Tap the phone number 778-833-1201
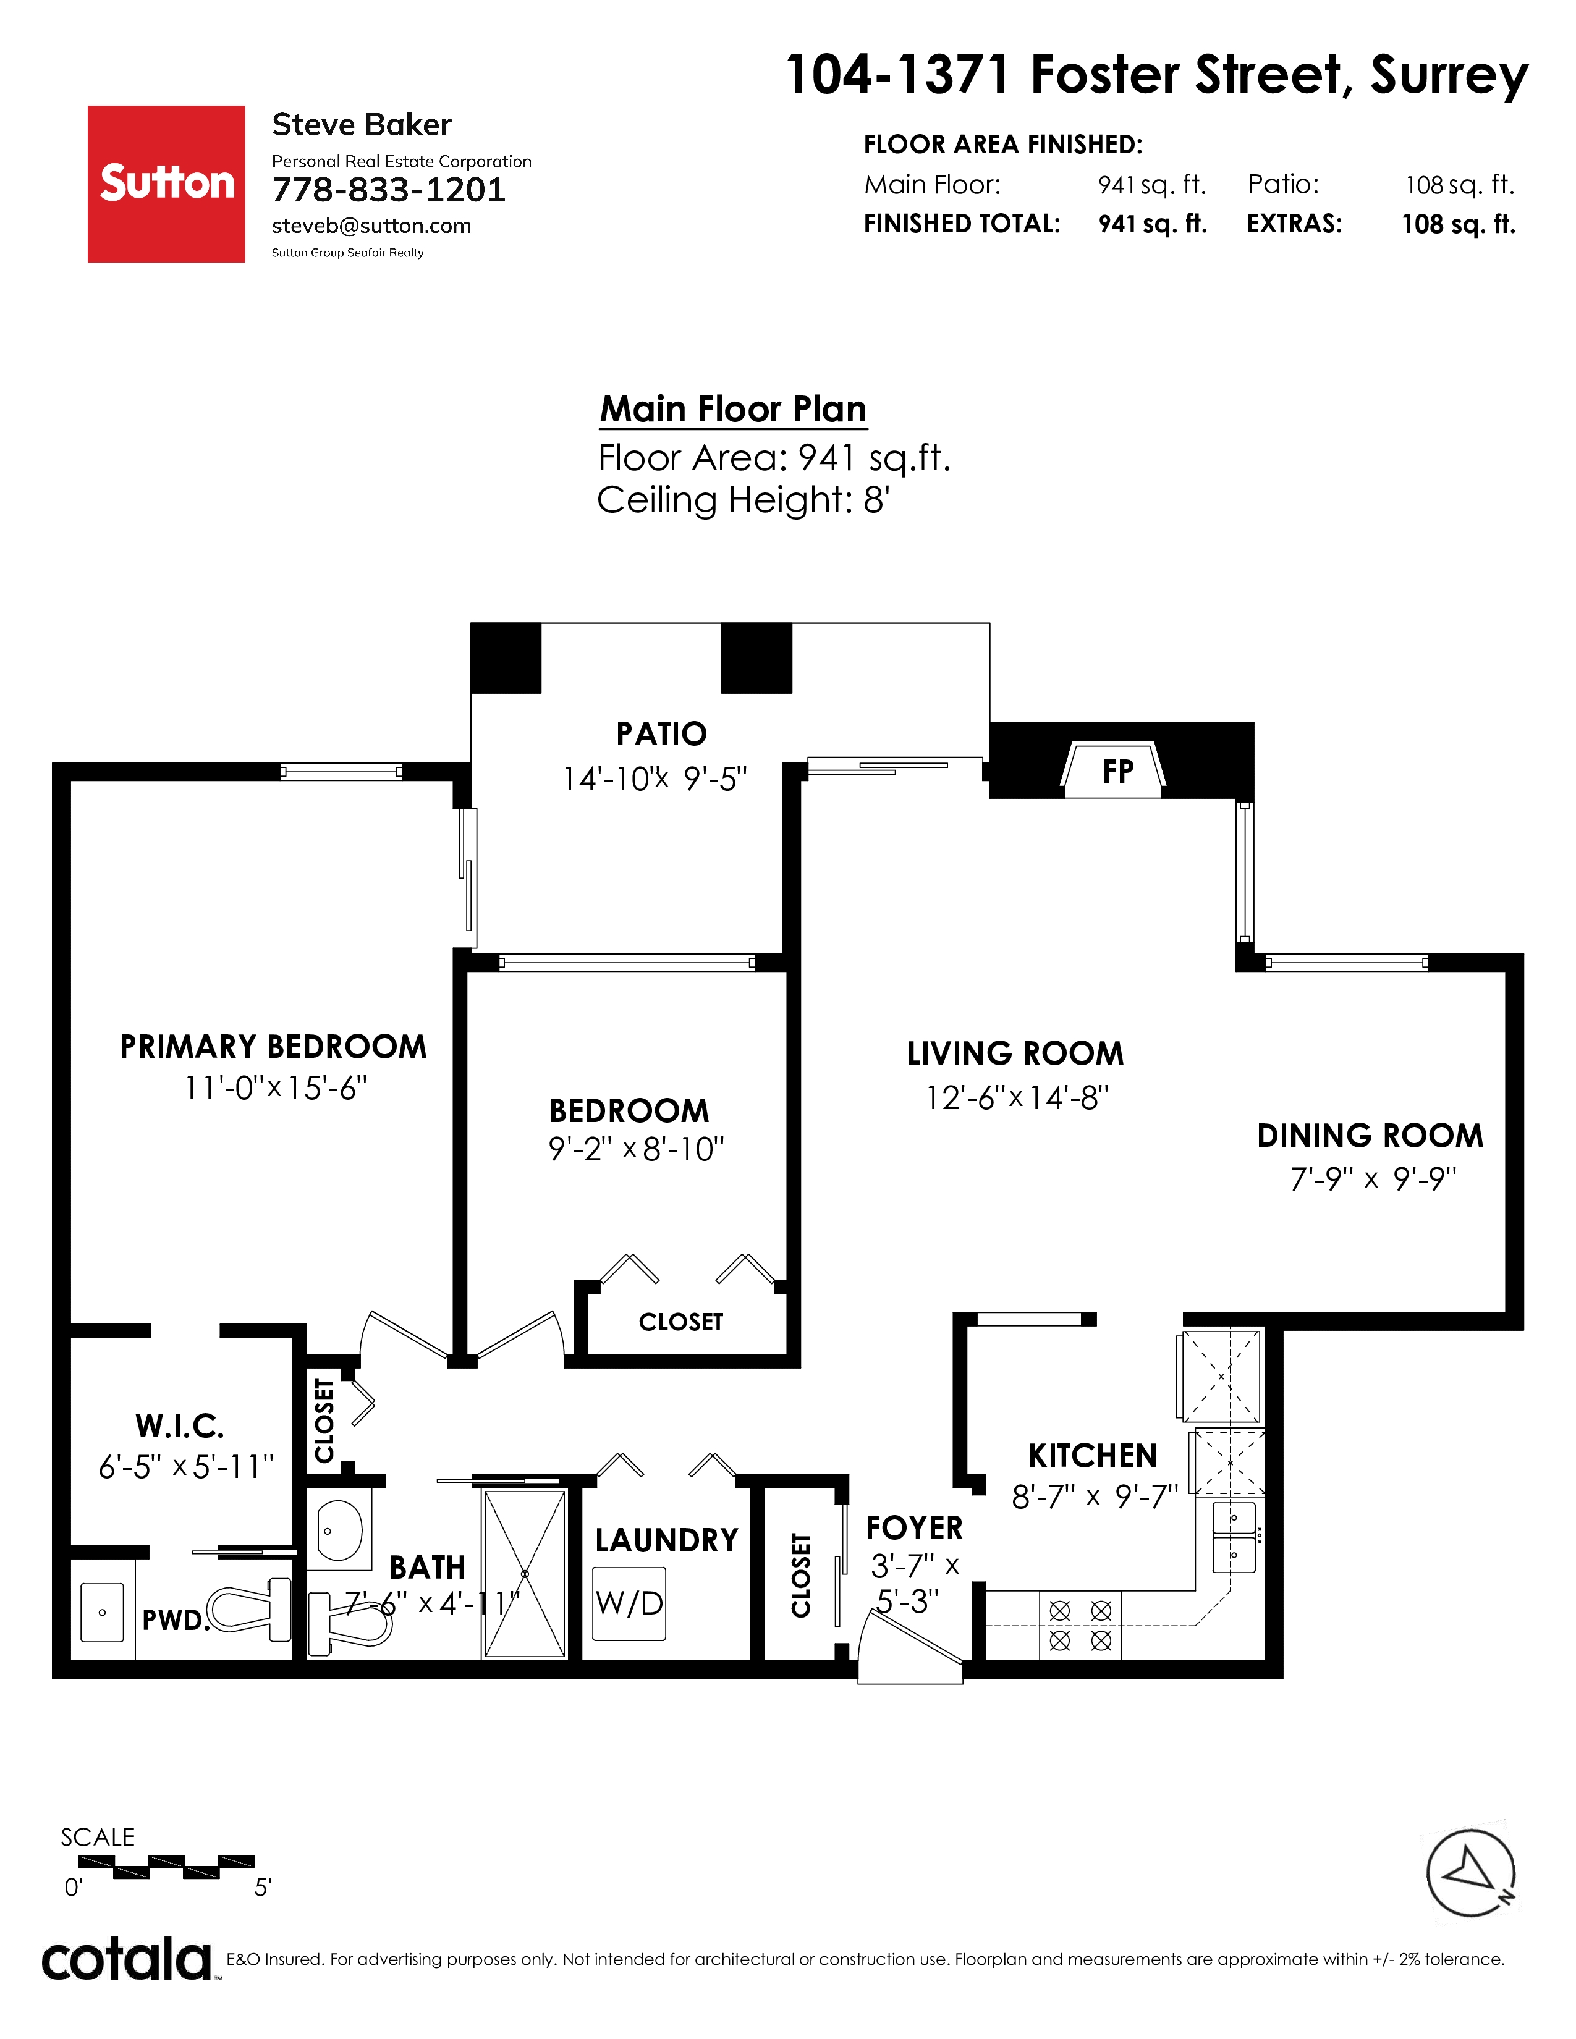(388, 190)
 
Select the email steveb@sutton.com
(371, 226)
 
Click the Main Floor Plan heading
(733, 409)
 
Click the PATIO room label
(661, 734)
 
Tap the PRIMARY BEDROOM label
(273, 1047)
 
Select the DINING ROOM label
(1370, 1135)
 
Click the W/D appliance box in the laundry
(629, 1603)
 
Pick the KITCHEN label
(1092, 1456)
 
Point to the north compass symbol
(1470, 1872)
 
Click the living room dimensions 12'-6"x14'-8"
(1016, 1097)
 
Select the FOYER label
(914, 1528)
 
